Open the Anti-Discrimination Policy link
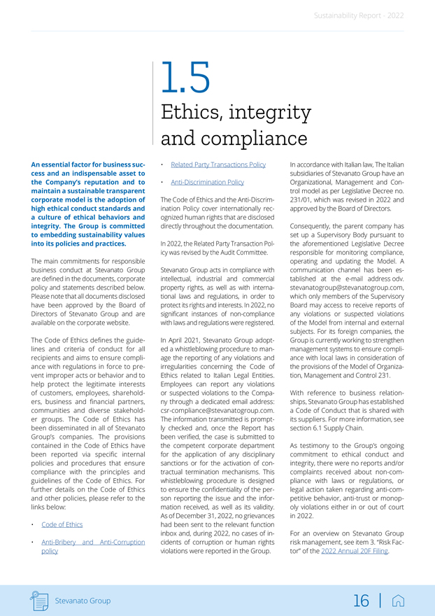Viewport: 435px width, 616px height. (208, 182)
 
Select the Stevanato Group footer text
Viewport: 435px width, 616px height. (83, 601)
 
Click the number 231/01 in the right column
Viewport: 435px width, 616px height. (299, 200)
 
